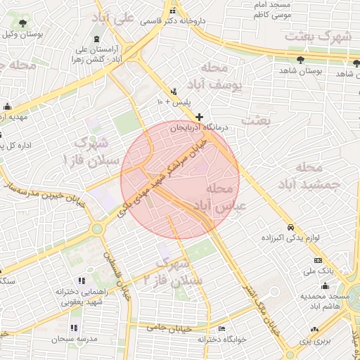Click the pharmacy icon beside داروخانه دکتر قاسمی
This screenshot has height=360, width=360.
173,11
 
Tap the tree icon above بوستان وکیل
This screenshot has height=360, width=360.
25,22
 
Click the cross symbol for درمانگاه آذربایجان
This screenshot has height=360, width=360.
200,117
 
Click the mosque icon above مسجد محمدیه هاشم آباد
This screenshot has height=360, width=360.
325,285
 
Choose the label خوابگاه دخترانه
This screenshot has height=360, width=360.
221,339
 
